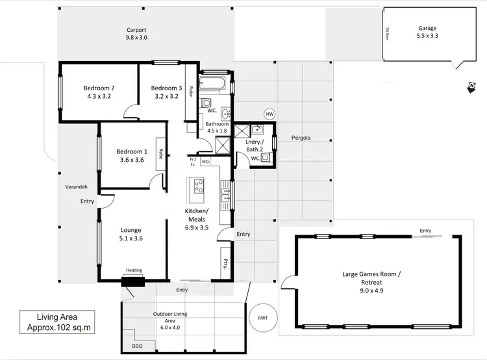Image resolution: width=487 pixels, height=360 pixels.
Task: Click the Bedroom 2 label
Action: click(99, 88)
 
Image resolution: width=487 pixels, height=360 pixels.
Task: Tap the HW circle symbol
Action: click(269, 114)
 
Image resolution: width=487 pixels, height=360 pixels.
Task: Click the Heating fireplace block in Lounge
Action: click(134, 279)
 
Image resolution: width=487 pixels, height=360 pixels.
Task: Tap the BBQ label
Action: click(136, 347)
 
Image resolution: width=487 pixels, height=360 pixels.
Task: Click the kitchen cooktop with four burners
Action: click(199, 189)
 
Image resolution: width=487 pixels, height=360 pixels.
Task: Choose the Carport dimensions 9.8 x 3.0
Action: click(136, 38)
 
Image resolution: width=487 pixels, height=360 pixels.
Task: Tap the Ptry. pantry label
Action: click(225, 264)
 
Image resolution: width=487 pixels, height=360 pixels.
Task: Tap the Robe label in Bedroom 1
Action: click(160, 155)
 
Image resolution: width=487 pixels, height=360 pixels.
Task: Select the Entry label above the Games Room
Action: click(425, 231)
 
